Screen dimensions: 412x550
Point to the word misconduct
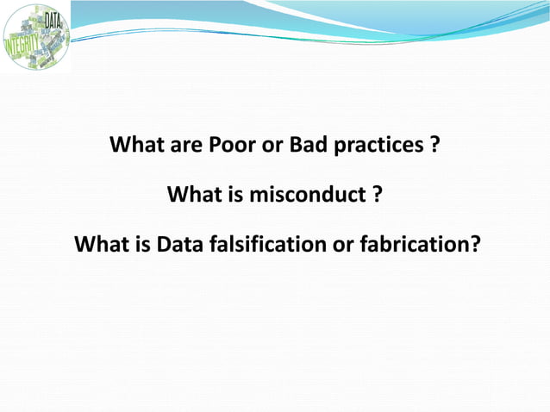[x=308, y=195]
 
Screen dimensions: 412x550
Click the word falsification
[x=268, y=246]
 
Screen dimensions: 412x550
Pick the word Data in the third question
[x=181, y=246]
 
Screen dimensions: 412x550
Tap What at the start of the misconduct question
[x=195, y=195]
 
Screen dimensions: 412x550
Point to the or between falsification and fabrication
[x=343, y=246]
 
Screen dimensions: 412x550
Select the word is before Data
[x=143, y=246]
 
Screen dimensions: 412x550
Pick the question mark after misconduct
[x=377, y=195]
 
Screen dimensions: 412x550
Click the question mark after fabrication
[x=475, y=246]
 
